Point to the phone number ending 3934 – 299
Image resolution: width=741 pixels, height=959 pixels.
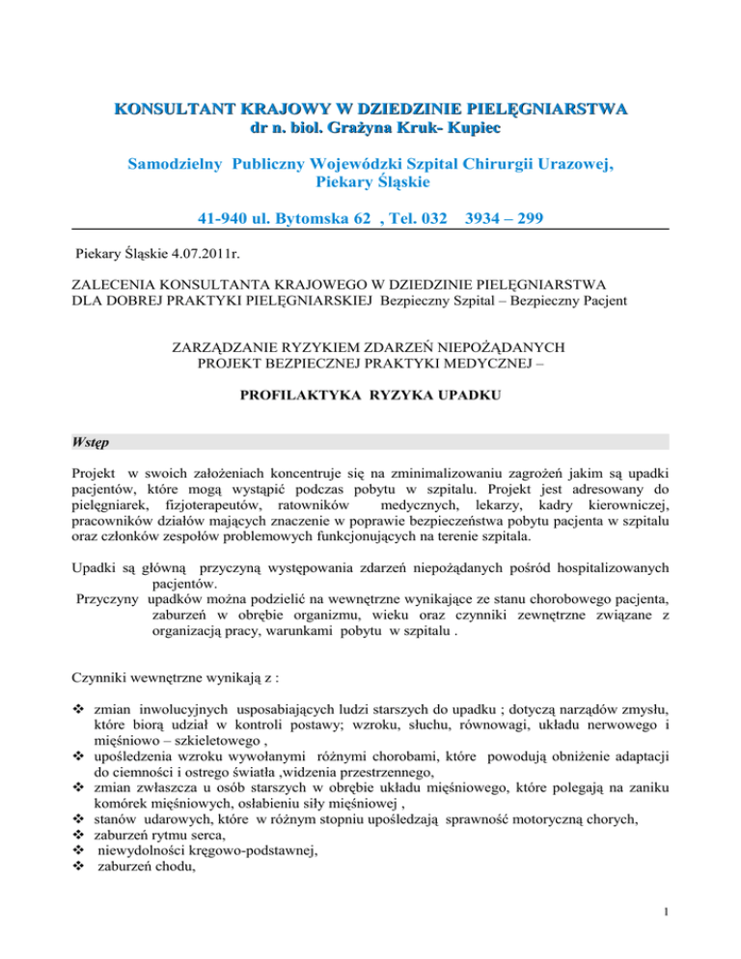504,219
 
